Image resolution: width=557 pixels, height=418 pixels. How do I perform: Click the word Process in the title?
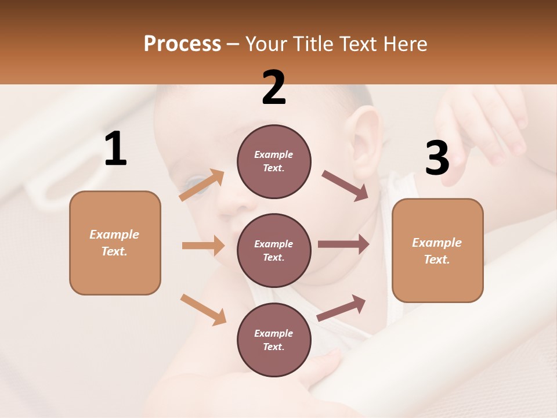182,44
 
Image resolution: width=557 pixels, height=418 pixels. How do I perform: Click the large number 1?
115,149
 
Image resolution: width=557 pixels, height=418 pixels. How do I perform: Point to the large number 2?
274,88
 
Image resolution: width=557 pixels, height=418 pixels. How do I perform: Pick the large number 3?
437,158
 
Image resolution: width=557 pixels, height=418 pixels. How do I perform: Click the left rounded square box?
115,243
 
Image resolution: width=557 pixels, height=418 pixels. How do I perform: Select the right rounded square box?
437,250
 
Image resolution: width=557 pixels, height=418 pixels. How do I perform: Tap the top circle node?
274,161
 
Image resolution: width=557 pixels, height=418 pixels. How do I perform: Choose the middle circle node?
274,250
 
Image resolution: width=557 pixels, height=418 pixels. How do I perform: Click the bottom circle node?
274,340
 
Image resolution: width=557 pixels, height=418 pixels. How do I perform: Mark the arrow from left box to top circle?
202,185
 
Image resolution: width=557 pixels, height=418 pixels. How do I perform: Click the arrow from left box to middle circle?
203,246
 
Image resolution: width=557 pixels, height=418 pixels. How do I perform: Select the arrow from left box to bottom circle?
203,309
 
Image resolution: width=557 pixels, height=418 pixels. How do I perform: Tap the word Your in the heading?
266,44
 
